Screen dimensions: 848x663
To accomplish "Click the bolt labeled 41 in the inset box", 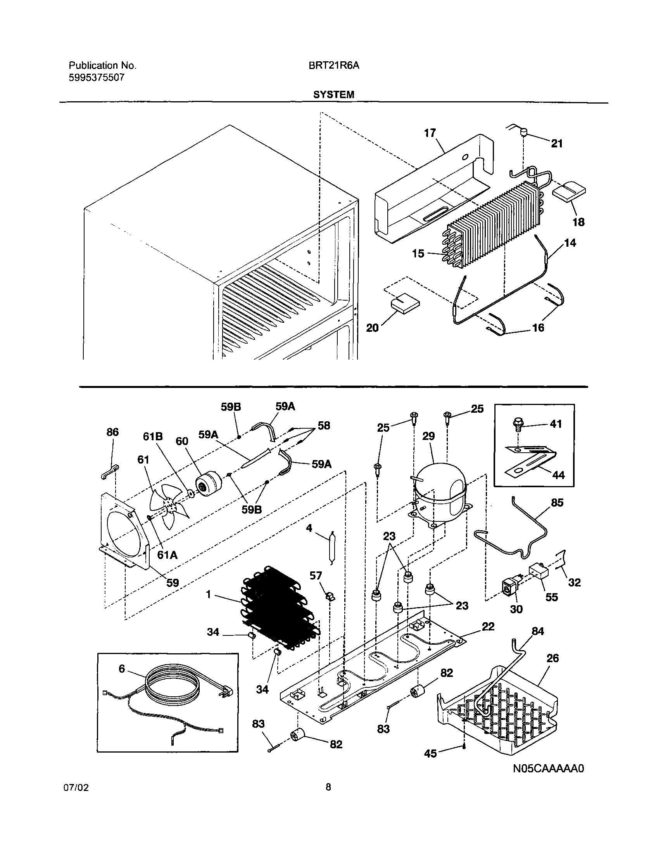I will [517, 426].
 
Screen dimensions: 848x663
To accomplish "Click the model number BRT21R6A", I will [334, 66].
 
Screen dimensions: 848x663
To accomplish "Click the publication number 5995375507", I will [97, 78].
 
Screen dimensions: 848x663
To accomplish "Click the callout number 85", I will [557, 503].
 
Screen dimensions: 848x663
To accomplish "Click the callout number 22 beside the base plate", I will [488, 626].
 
